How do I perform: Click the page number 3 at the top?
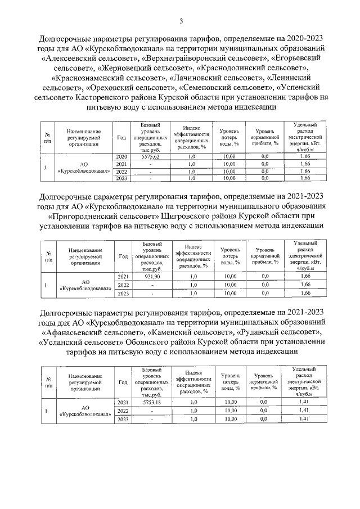(181, 21)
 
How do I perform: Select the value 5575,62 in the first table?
(151, 156)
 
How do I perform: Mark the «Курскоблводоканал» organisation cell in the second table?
(83, 285)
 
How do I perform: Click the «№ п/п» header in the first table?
(49, 136)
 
